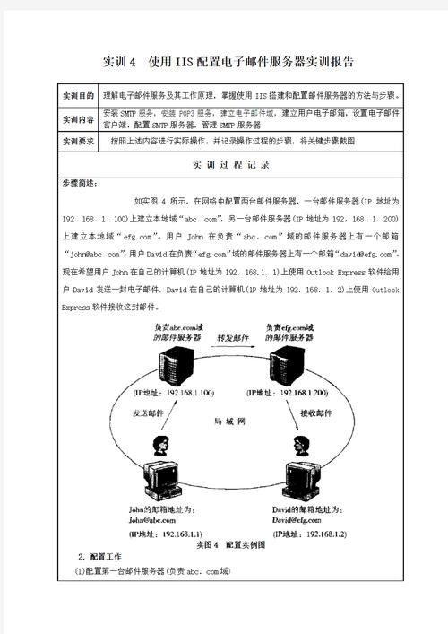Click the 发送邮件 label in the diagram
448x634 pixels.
(151, 414)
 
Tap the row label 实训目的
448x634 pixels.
(77, 96)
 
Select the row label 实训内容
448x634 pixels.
(77, 119)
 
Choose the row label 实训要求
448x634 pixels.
(77, 142)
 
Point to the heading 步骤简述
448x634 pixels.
(79, 183)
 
